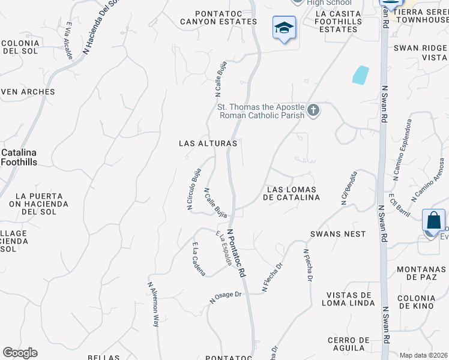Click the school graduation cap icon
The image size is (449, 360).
coord(284,28)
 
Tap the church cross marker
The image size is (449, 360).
coord(313,110)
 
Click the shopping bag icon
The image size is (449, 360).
coord(433,220)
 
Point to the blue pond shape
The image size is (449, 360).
coord(360,74)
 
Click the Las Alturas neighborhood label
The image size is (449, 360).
coord(208,144)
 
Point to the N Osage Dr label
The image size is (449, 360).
coord(225,296)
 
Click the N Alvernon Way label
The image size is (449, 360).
coord(153,304)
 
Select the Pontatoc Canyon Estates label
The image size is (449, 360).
coord(218,17)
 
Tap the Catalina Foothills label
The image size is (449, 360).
coord(19,157)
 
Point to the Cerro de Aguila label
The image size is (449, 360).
coord(348,344)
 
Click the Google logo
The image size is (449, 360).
coord(20,353)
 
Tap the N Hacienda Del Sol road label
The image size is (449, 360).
coord(98,26)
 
